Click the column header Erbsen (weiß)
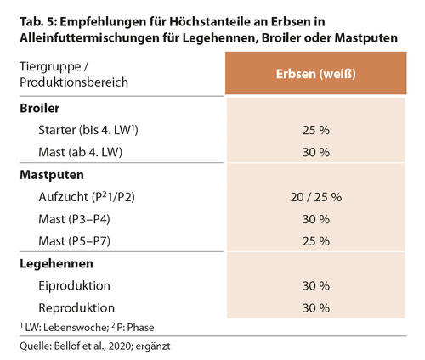coord(316,74)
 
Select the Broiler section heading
coord(40,108)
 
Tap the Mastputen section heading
coord(52,175)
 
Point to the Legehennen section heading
coord(56,264)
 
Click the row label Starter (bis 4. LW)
coord(88,130)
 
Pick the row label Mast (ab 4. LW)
coord(81,152)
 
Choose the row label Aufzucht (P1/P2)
coord(87,197)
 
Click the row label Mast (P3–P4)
coord(74,219)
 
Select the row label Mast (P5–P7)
coord(74,241)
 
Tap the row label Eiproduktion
coord(74,286)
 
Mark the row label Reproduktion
coord(76,308)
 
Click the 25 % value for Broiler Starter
coord(316,130)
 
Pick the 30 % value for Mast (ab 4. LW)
coord(316,152)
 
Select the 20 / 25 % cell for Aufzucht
coord(316,197)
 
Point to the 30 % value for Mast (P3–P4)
coord(316,219)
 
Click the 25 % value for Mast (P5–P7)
coord(316,241)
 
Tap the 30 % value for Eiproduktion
coord(316,286)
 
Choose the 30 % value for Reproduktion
coord(316,308)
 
